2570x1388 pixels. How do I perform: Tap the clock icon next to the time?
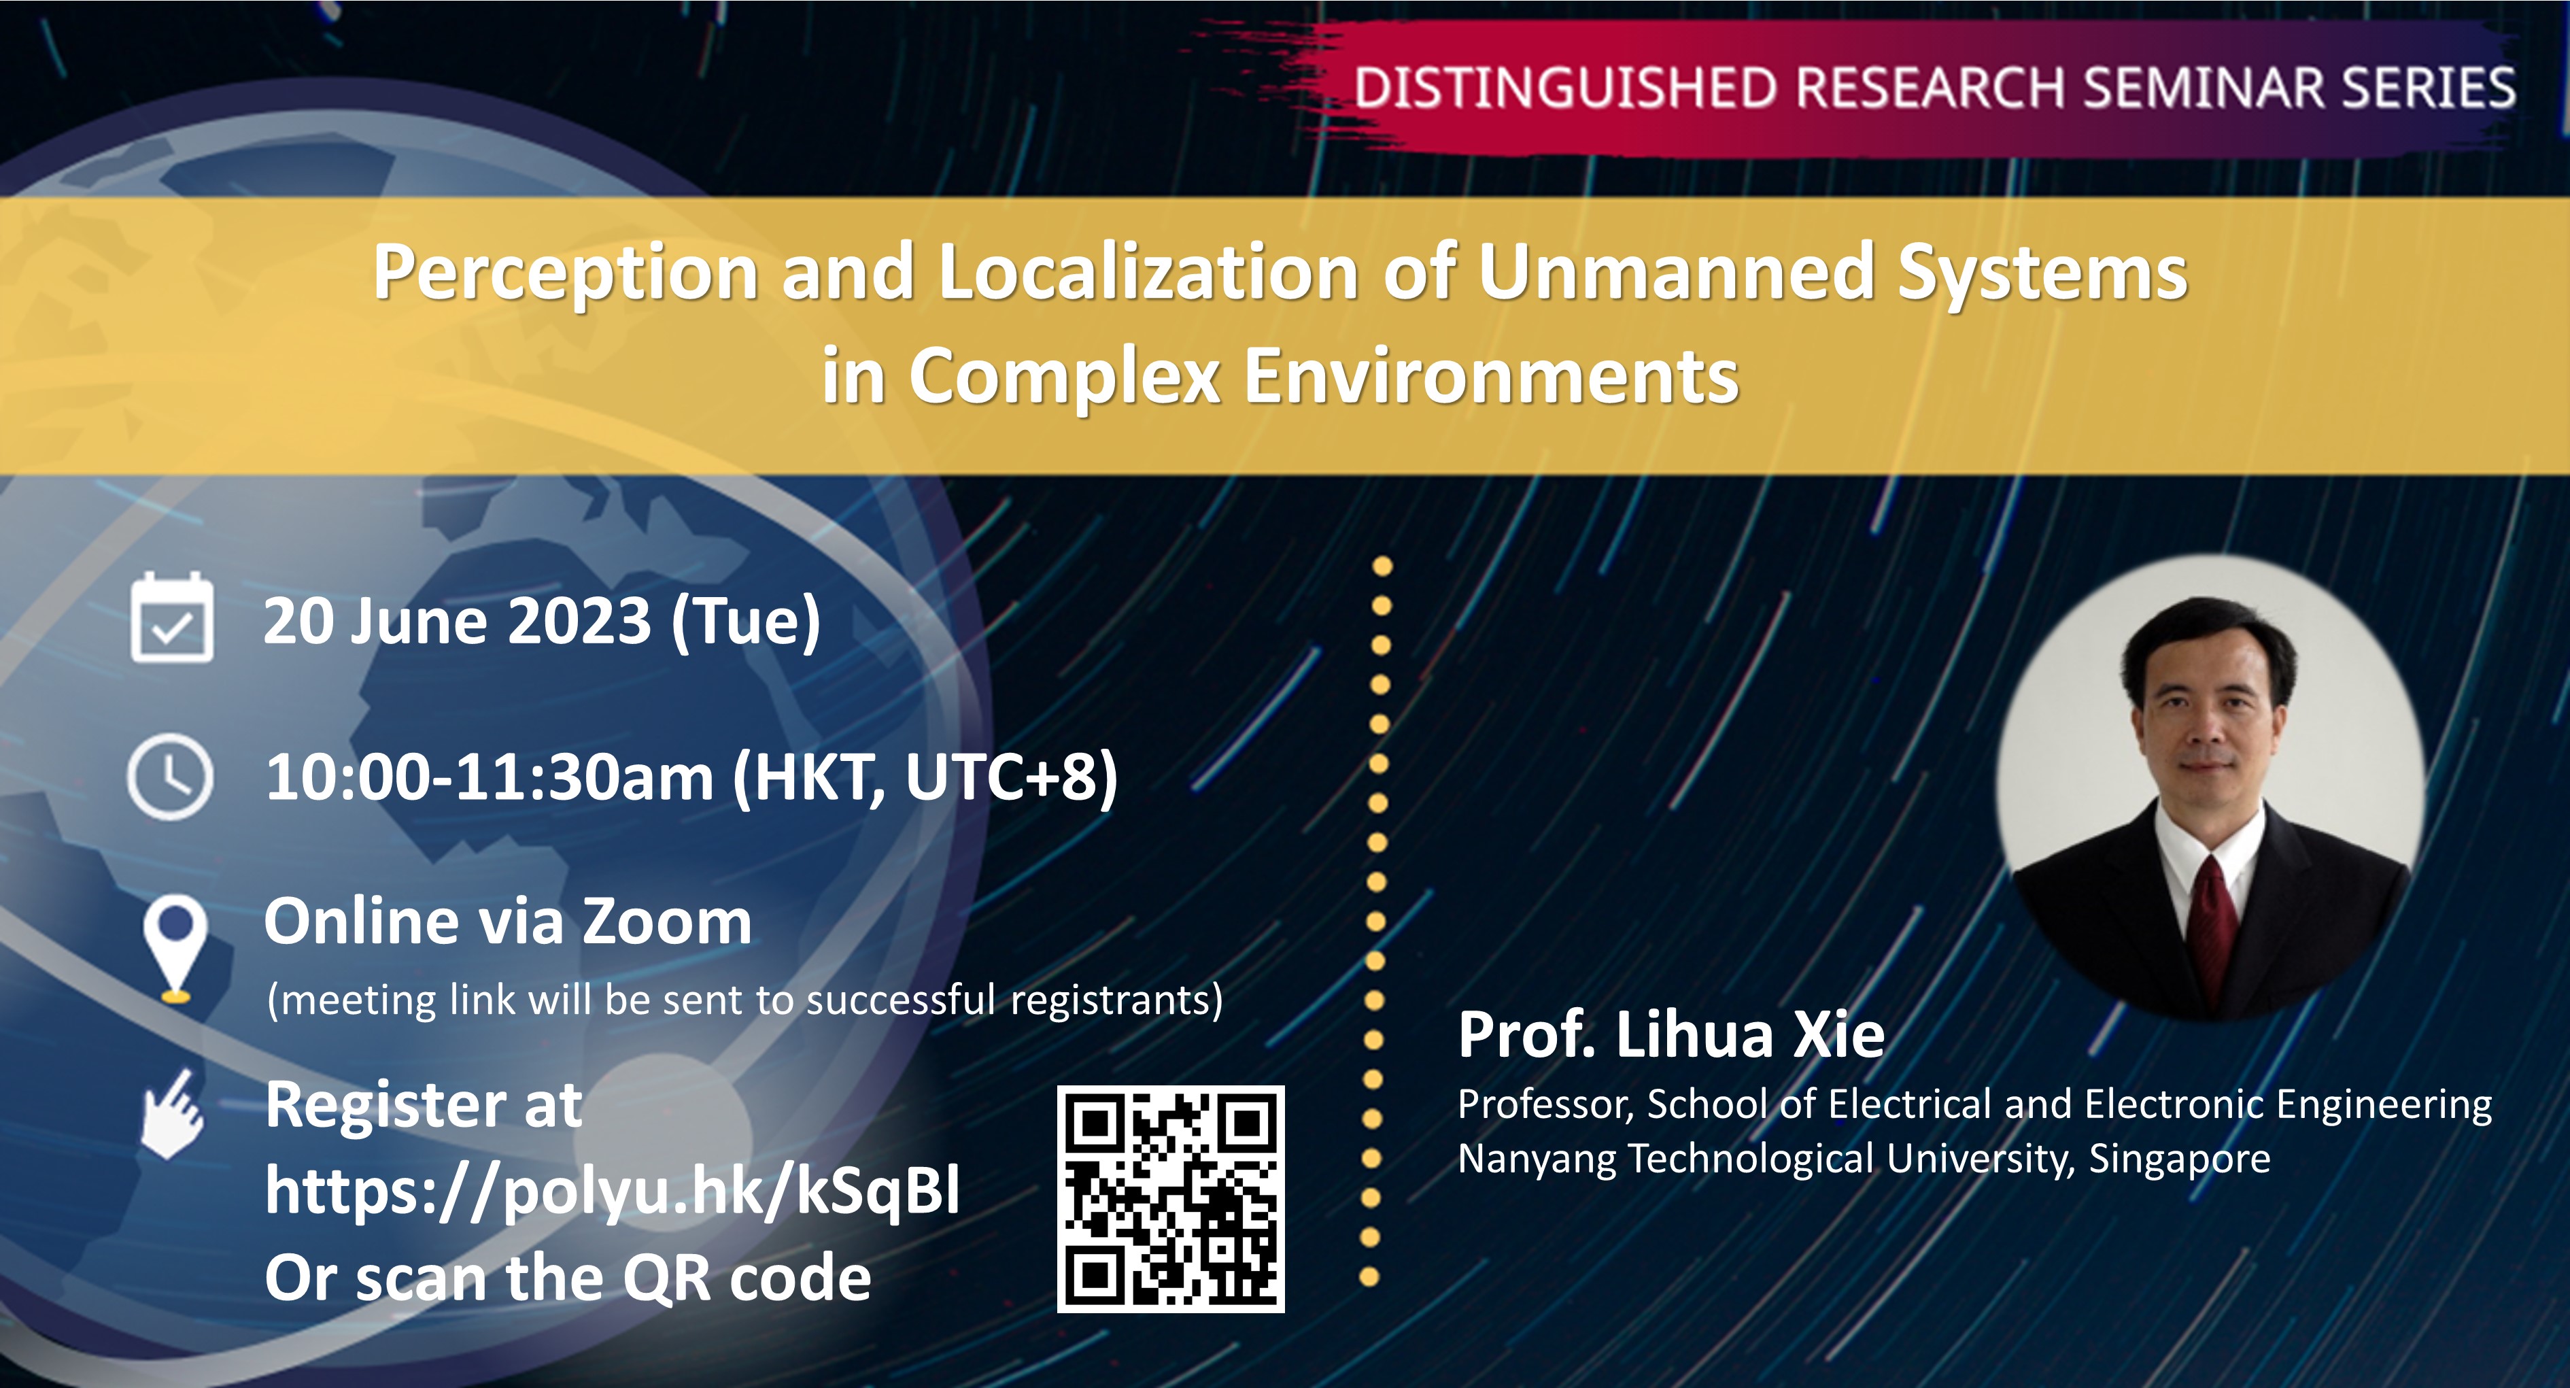point(171,777)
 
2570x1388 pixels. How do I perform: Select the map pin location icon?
point(175,947)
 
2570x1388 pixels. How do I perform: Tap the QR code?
point(1170,1198)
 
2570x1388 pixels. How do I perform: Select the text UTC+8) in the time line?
point(1010,777)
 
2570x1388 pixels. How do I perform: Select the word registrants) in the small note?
point(1116,1000)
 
